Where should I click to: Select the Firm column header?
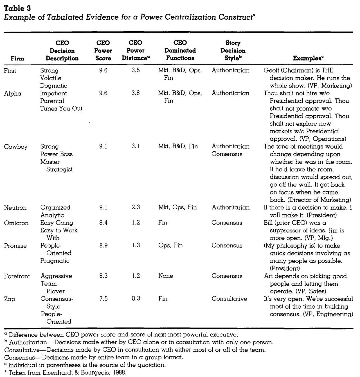coord(17,58)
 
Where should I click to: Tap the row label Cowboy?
coord(16,147)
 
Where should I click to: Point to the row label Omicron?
coord(16,223)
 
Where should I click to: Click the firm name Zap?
coord(10,299)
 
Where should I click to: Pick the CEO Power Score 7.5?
coord(103,299)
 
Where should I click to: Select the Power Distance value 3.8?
coord(136,93)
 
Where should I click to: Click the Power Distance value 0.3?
coord(136,299)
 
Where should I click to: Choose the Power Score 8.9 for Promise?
coord(103,246)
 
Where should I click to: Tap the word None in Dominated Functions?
coord(166,276)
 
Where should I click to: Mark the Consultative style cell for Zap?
coord(229,299)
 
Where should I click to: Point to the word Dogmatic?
coord(54,86)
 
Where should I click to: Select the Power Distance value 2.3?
coord(136,208)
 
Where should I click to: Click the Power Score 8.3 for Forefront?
coord(103,276)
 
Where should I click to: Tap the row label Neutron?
coord(15,208)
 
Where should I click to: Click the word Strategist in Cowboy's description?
coord(60,169)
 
